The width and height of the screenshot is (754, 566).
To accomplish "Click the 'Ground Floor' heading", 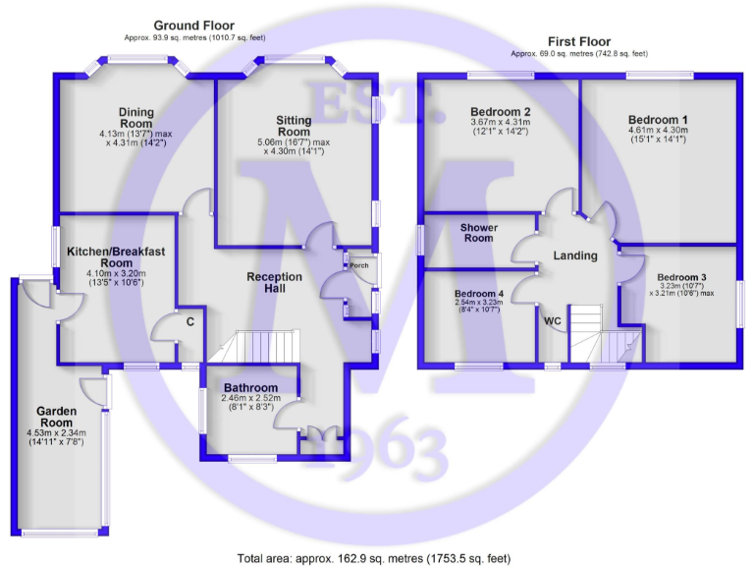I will point(195,25).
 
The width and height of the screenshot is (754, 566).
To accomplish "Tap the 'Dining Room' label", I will point(136,118).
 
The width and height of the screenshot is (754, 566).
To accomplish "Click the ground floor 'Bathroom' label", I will point(250,388).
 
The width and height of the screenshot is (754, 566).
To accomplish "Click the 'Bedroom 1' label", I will point(658,118).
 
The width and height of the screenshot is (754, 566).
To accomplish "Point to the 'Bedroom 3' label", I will point(681,277).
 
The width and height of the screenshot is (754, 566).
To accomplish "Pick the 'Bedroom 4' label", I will point(478,294).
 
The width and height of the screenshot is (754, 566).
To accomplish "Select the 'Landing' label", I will point(575,255).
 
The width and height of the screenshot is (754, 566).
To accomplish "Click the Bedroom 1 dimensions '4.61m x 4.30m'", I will point(658,129).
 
